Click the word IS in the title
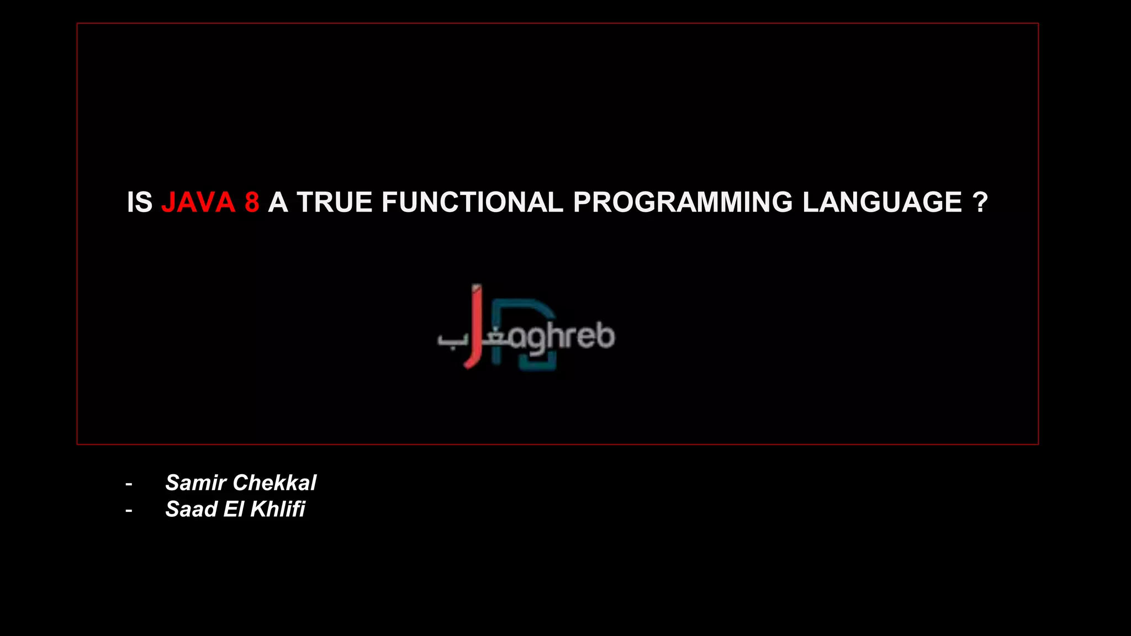pyautogui.click(x=139, y=202)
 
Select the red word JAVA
pyautogui.click(x=198, y=202)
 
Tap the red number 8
pyautogui.click(x=252, y=202)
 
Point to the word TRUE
pyautogui.click(x=335, y=202)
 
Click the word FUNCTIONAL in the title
pyautogui.click(x=472, y=202)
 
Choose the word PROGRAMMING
pyautogui.click(x=683, y=202)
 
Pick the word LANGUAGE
pyautogui.click(x=882, y=202)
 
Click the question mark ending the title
pyautogui.click(x=980, y=202)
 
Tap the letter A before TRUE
pyautogui.click(x=278, y=202)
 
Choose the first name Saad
pyautogui.click(x=191, y=509)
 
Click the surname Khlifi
pyautogui.click(x=277, y=509)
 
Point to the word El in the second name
pyautogui.click(x=234, y=509)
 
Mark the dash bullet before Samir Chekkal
pyautogui.click(x=129, y=484)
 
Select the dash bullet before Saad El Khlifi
pyautogui.click(x=129, y=511)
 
